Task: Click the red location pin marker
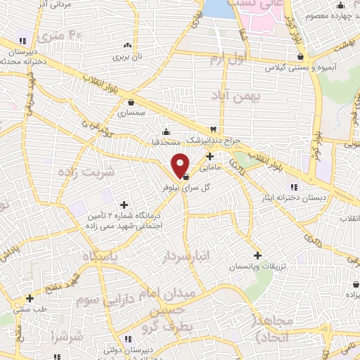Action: point(181,165)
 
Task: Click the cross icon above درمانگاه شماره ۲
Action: point(124,204)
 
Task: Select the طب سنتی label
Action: point(29,308)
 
